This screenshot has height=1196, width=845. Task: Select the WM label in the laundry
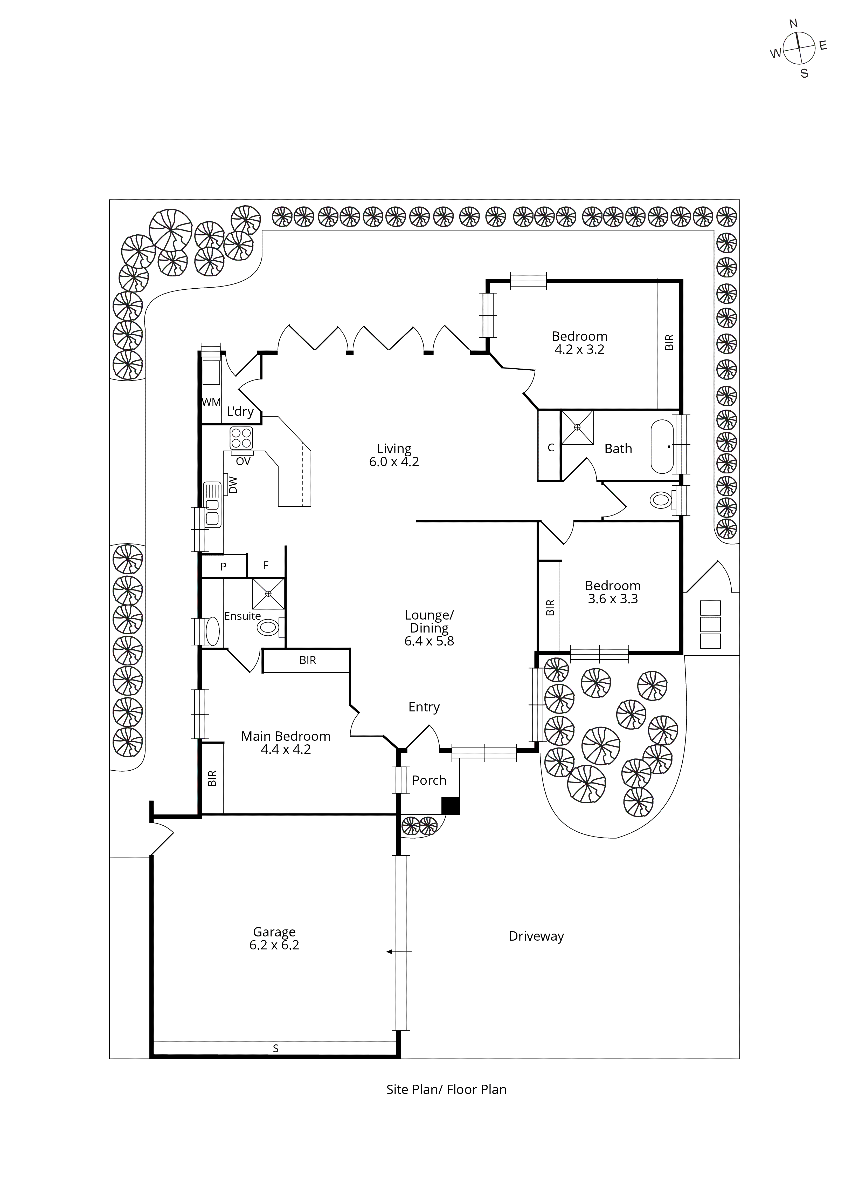point(211,402)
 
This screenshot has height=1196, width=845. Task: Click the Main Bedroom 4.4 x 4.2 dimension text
point(286,750)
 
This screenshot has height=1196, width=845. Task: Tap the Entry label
point(424,707)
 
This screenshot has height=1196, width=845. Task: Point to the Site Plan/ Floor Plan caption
point(446,1090)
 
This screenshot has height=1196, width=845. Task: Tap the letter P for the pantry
point(223,567)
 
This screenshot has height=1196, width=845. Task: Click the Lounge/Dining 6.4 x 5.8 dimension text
point(429,641)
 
